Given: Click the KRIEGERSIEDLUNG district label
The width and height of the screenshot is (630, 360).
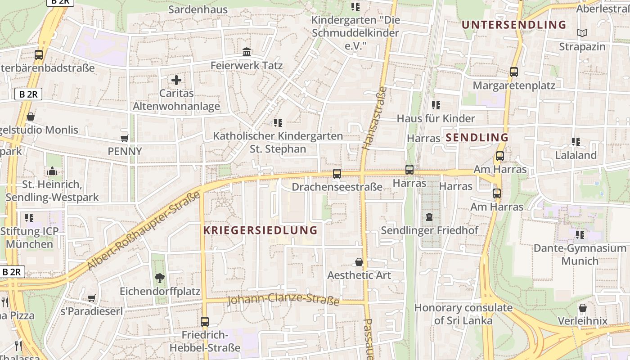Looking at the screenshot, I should [260, 230].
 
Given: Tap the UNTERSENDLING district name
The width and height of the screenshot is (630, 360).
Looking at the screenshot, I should [514, 25].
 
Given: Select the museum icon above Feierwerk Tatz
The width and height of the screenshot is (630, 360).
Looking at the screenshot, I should [247, 52].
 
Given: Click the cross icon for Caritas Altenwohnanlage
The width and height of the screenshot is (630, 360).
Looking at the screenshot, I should [176, 81].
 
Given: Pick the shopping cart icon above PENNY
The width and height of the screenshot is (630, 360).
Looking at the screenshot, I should [125, 138].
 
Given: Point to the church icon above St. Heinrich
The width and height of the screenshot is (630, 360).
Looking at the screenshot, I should [52, 171].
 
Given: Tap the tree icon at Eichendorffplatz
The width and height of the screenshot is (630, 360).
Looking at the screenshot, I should [159, 278].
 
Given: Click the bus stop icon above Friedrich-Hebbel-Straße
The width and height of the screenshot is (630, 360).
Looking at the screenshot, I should [205, 322].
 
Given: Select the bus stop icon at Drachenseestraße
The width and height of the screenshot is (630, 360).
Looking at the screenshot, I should [337, 174].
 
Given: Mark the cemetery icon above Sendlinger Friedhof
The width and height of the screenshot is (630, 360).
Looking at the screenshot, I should [429, 217].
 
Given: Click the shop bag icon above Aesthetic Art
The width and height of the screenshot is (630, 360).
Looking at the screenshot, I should [359, 262].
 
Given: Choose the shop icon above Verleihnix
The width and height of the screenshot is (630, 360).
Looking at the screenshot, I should [582, 308].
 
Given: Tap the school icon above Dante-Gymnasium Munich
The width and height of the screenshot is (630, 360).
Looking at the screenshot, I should [580, 234].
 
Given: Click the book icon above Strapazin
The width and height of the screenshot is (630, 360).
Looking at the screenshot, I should [582, 33].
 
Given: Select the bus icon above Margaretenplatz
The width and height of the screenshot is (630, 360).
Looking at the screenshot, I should [513, 72].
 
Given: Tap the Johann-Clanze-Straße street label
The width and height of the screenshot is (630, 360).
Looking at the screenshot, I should [283, 299].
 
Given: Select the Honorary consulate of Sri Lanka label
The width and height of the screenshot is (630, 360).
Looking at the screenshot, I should [463, 314].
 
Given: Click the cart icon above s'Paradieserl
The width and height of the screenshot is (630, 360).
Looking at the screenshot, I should [91, 298].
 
